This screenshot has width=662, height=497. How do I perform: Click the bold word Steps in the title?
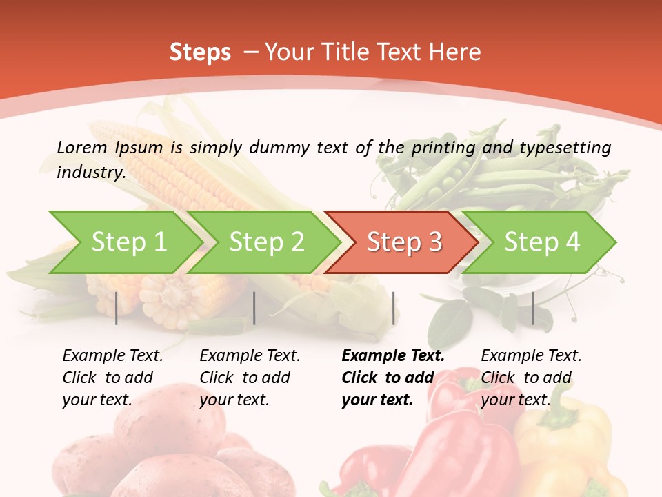[x=200, y=52]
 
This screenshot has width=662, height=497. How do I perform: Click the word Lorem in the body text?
[x=81, y=147]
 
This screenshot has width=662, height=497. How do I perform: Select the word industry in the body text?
[x=90, y=173]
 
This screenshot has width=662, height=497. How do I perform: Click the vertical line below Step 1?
[x=117, y=308]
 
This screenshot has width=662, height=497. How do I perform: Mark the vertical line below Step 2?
[x=254, y=308]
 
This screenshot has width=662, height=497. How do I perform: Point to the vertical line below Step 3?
[x=393, y=308]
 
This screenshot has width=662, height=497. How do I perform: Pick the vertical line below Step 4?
[x=532, y=308]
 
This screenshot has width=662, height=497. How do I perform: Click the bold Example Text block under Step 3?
[x=393, y=378]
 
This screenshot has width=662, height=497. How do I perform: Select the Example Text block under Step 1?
[x=112, y=378]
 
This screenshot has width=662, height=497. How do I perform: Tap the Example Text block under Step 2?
[x=250, y=378]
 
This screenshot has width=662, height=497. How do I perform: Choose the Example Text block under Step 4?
[x=531, y=378]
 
